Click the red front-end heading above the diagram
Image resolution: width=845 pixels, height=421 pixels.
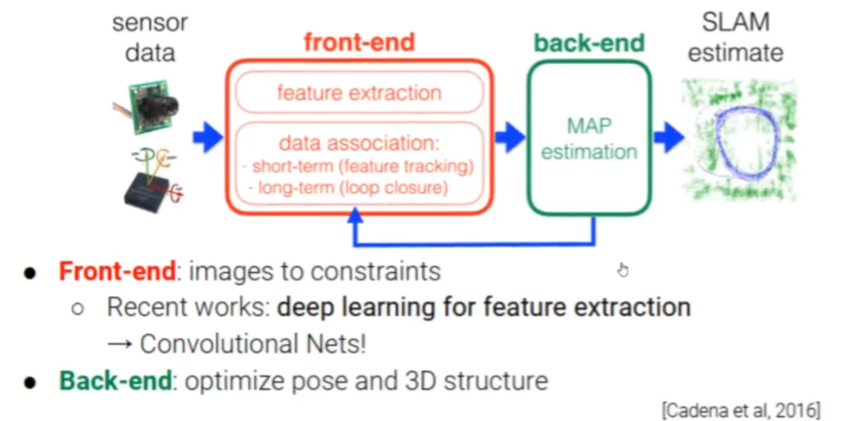359,42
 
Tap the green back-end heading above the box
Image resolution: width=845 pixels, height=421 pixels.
589,43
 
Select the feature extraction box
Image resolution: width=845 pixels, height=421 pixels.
359,93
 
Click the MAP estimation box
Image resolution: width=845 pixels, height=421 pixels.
589,139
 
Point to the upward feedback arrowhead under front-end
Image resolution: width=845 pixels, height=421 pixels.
355,216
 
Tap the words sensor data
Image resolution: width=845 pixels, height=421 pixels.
150,37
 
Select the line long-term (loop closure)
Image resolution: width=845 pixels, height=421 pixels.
348,188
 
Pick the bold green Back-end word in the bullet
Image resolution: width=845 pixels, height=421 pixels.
115,381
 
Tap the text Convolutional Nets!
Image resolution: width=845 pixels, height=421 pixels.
253,344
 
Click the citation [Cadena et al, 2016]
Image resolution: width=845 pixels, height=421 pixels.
740,411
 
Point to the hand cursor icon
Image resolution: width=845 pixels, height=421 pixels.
622,269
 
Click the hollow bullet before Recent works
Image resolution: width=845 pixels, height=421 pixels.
78,308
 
